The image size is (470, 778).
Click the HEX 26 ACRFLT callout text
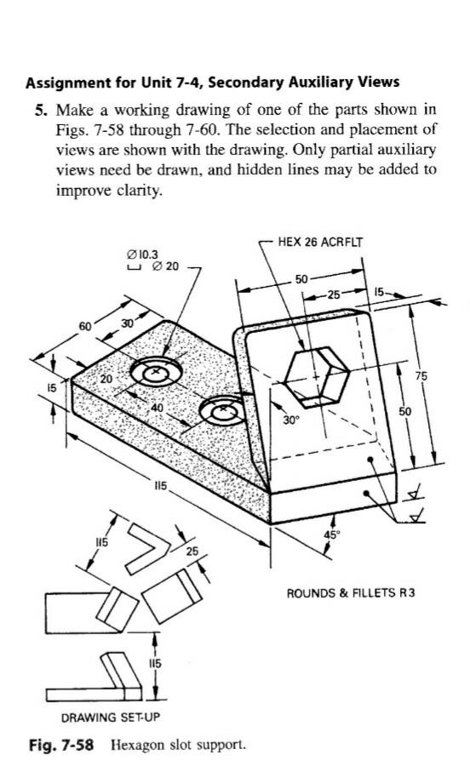point(319,242)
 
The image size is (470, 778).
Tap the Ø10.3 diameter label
point(140,254)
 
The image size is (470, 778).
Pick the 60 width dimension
point(85,327)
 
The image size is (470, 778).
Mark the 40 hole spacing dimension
point(158,408)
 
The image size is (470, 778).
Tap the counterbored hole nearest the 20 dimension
point(155,372)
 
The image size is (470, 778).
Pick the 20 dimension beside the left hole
point(106,378)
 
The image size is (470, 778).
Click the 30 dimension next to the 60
point(127,323)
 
